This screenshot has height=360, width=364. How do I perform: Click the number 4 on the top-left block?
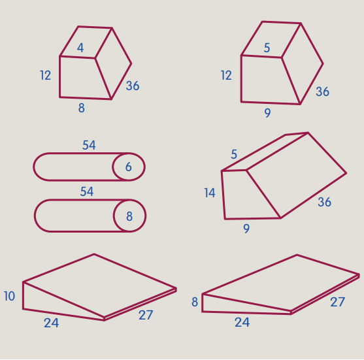(80, 48)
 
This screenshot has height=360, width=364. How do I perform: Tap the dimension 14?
(210, 193)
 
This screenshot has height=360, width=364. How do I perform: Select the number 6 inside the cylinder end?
(129, 167)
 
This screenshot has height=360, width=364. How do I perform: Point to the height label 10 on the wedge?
(10, 296)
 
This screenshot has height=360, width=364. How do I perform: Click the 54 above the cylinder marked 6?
(89, 145)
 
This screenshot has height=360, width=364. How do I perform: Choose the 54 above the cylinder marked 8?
(87, 191)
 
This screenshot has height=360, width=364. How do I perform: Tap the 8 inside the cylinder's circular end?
(129, 216)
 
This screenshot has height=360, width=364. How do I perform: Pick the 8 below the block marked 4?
(82, 108)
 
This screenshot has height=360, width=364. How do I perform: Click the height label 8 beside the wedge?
(195, 302)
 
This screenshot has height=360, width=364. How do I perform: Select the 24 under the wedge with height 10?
(52, 323)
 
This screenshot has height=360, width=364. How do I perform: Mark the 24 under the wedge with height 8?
(242, 322)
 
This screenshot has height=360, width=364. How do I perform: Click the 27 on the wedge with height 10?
(146, 315)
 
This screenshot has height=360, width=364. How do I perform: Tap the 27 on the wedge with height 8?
(338, 303)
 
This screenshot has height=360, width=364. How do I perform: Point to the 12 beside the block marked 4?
(46, 75)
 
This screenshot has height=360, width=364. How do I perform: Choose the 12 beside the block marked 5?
(226, 75)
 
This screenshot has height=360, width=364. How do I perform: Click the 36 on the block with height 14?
(325, 202)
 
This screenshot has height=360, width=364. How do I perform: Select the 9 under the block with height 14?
(246, 229)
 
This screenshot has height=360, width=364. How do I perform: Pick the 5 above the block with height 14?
(234, 154)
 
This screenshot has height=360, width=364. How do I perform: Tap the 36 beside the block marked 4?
(133, 86)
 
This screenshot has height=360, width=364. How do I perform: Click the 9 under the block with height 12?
(268, 113)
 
